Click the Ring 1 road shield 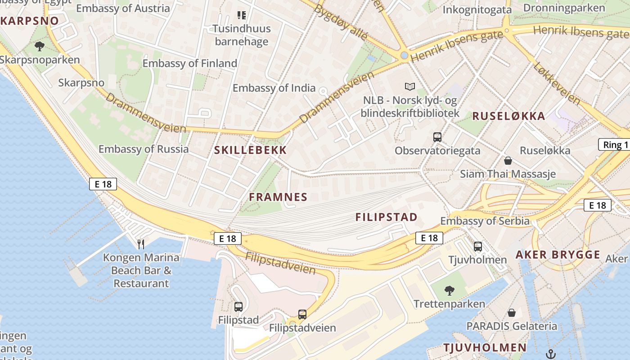(615, 145)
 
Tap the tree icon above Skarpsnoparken (40, 46)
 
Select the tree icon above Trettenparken (449, 291)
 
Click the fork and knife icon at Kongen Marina (141, 244)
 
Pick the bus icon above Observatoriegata (437, 137)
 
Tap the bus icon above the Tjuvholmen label (477, 247)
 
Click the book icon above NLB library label (409, 86)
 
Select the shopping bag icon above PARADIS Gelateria (511, 312)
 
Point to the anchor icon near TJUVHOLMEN (550, 354)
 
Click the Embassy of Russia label (144, 149)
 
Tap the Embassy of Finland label (189, 63)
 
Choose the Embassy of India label (274, 88)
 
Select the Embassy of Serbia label (485, 221)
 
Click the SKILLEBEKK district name (250, 150)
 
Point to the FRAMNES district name (278, 197)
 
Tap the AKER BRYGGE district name (558, 255)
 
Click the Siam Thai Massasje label (508, 174)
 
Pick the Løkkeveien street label (557, 83)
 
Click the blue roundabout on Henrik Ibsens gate (404, 55)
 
